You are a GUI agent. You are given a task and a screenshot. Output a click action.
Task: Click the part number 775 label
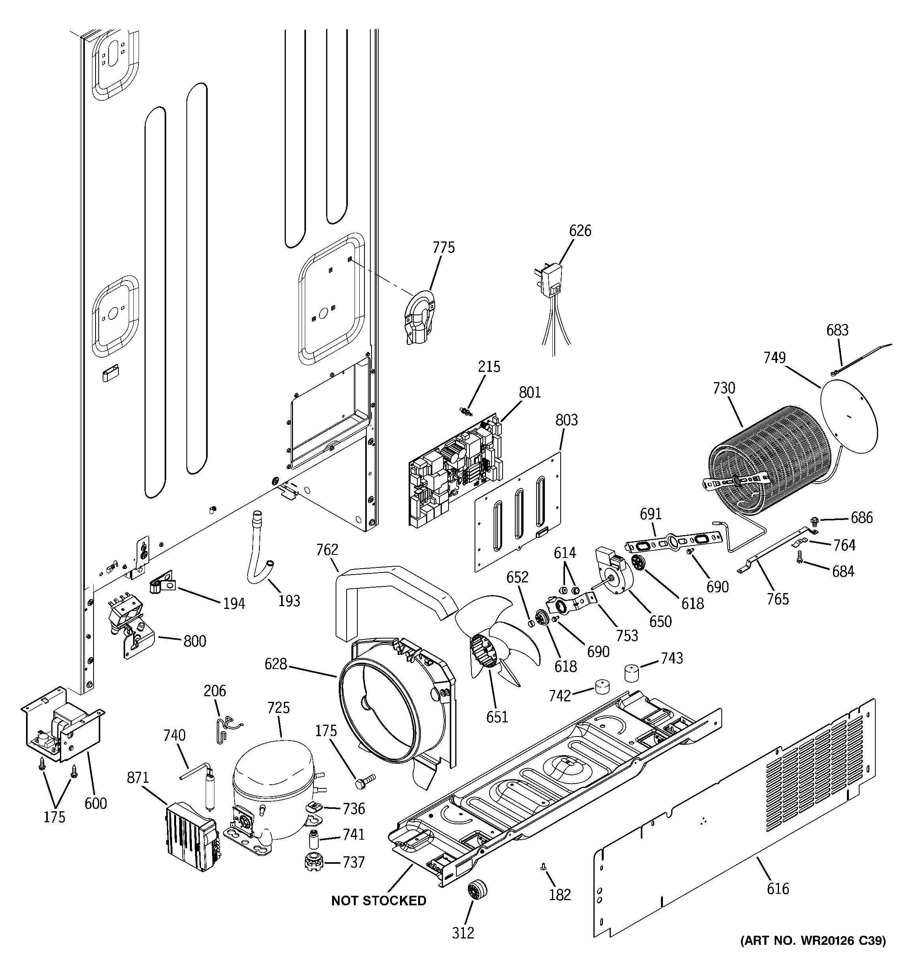pyautogui.click(x=443, y=247)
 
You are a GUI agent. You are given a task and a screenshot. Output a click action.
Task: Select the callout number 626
pyautogui.click(x=580, y=231)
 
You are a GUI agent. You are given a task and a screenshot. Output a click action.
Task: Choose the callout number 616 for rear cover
pyautogui.click(x=777, y=888)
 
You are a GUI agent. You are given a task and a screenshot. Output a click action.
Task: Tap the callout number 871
pyautogui.click(x=138, y=778)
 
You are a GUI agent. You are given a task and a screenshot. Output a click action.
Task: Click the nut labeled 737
pyautogui.click(x=312, y=862)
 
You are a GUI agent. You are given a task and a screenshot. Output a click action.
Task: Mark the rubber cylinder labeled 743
pyautogui.click(x=634, y=673)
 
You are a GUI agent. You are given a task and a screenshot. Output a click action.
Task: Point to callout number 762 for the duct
pyautogui.click(x=327, y=550)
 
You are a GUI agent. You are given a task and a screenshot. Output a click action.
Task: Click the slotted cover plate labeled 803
pyautogui.click(x=519, y=514)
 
